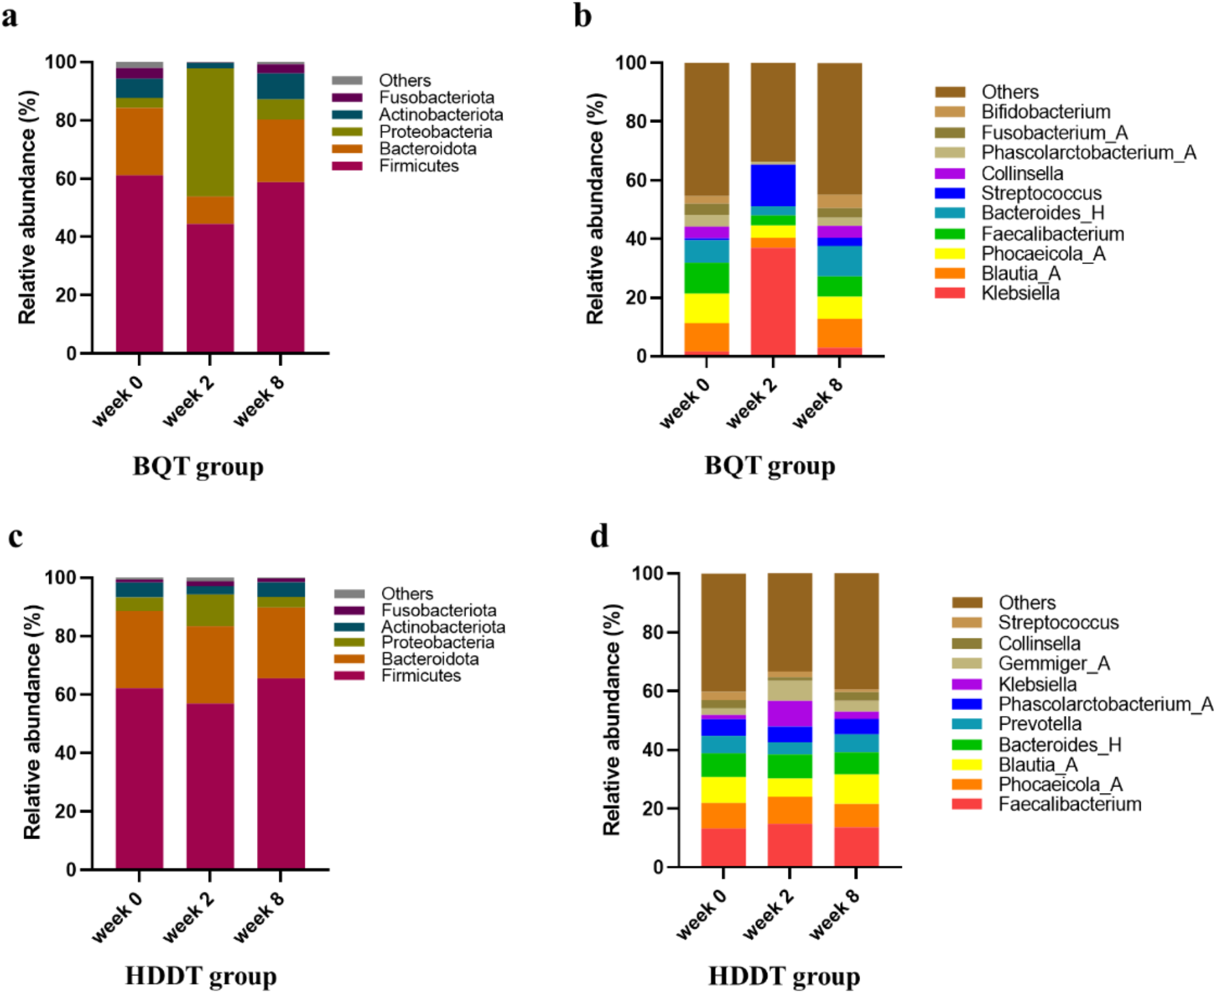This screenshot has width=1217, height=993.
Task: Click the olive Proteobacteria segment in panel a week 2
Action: point(210,132)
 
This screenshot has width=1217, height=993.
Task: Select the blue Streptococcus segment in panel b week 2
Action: point(773,185)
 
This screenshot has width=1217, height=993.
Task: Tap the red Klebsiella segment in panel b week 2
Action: point(773,302)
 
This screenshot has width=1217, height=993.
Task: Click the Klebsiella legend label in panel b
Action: point(1021,293)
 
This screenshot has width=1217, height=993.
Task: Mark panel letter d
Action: point(599,536)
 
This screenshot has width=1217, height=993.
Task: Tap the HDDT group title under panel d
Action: point(784,976)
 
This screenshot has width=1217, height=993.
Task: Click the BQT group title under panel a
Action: point(198,467)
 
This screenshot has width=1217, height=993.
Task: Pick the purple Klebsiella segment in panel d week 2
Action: point(790,714)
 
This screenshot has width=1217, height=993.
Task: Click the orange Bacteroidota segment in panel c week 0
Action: point(139,649)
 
